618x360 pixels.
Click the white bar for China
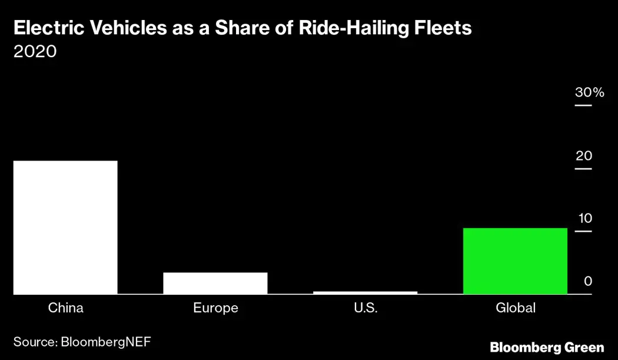click(x=65, y=227)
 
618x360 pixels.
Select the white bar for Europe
click(x=215, y=283)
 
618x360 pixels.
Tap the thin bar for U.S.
click(x=365, y=292)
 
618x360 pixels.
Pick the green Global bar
click(x=515, y=261)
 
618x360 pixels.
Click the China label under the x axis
click(x=65, y=308)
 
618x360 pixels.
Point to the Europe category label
click(x=215, y=308)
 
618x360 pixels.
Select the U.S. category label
click(x=365, y=308)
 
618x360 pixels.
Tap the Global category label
click(x=515, y=308)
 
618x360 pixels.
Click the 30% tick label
click(x=589, y=93)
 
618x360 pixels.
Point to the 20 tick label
click(x=584, y=156)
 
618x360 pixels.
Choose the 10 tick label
click(x=584, y=218)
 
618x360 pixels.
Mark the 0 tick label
click(x=587, y=281)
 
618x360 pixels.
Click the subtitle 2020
click(x=35, y=52)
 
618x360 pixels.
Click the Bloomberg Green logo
click(x=547, y=347)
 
